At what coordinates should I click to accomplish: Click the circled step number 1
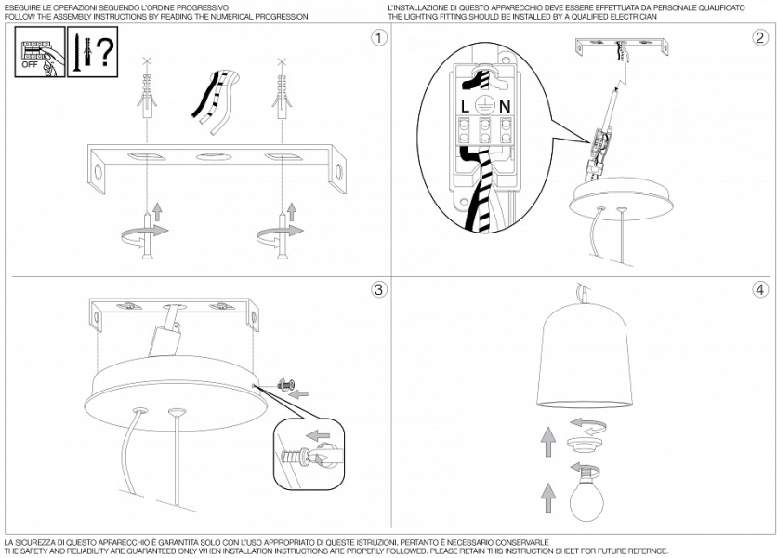377,39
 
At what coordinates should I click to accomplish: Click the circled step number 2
759,39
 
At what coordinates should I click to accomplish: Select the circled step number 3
377,290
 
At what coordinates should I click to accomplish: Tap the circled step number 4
759,290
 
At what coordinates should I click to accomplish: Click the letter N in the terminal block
505,107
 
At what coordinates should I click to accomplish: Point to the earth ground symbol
483,104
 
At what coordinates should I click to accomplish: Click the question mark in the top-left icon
106,53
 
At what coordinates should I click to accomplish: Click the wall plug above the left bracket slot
145,98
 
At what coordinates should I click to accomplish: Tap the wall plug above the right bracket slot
279,98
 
